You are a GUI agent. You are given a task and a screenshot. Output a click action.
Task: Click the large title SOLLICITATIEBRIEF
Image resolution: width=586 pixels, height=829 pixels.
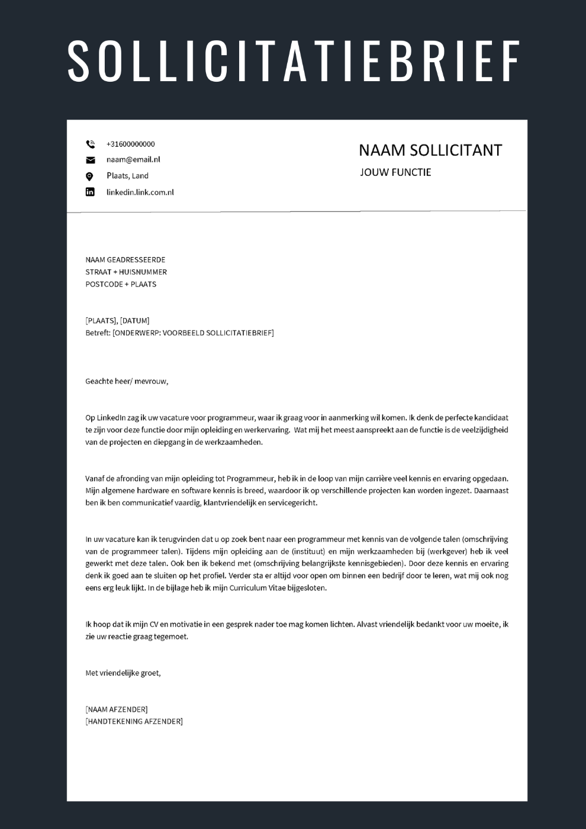[x=293, y=61]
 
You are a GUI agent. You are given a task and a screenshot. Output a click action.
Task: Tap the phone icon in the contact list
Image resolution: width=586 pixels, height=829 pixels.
[x=90, y=144]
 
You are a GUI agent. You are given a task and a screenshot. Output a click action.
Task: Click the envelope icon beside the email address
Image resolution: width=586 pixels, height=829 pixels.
[x=90, y=160]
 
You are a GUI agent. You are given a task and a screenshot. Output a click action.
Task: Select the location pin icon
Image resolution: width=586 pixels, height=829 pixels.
[x=90, y=176]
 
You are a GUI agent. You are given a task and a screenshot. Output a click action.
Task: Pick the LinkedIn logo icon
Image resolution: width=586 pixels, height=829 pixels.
[x=90, y=192]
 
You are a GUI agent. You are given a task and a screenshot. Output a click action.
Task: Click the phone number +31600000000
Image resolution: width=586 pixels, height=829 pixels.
[x=130, y=144]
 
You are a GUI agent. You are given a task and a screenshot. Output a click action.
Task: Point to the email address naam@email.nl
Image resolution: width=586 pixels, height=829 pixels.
[x=133, y=159]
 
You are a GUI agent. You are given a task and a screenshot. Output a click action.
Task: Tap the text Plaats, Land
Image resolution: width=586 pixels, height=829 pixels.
[x=127, y=176]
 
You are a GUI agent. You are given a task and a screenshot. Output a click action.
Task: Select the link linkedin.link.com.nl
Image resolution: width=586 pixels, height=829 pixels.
[x=140, y=192]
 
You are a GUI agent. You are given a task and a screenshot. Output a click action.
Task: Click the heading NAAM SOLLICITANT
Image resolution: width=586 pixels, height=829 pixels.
[x=430, y=150]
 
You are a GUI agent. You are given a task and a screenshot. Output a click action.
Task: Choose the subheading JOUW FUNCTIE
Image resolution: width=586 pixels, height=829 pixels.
[x=395, y=172]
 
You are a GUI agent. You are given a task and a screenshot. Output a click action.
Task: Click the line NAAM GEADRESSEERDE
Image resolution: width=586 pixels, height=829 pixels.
[x=125, y=260]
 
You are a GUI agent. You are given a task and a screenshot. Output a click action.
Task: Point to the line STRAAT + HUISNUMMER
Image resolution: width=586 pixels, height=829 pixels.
[x=126, y=272]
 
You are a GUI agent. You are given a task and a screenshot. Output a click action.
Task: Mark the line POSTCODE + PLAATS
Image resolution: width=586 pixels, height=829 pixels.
[x=121, y=284]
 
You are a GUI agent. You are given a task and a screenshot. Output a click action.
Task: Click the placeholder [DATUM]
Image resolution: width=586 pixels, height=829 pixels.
[x=134, y=320]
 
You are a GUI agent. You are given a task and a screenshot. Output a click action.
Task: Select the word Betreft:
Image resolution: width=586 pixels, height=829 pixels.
[x=98, y=333]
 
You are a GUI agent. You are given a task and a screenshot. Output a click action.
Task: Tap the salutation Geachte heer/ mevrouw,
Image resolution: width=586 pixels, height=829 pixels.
[x=127, y=381]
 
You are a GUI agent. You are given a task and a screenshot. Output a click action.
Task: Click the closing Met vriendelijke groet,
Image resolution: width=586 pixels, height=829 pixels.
[x=123, y=673]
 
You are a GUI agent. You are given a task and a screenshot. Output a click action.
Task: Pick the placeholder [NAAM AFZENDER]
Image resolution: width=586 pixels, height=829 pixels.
[x=117, y=709]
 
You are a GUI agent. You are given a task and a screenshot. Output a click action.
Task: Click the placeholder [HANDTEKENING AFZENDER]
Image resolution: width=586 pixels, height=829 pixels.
[x=134, y=721]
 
